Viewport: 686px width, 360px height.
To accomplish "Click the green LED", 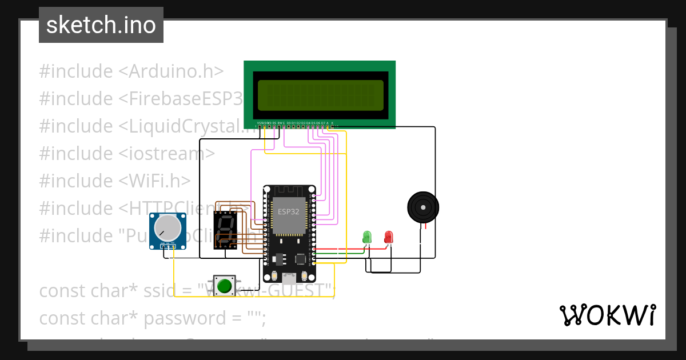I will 367,236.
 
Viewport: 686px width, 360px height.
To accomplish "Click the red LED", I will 389,236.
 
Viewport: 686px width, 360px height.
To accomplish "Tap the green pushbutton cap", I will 225,285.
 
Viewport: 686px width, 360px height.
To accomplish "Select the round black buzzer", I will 422,206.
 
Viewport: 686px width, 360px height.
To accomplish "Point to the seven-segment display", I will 226,230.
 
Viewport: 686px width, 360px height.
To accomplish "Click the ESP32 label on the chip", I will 289,211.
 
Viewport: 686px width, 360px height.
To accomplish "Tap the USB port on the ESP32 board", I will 289,278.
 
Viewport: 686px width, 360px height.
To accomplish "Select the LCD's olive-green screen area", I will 320,95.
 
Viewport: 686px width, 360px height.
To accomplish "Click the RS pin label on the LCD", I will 274,122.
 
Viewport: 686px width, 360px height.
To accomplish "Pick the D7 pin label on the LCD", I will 323,122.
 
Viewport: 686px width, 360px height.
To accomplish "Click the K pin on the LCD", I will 332,122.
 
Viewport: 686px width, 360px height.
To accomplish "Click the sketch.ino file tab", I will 101,25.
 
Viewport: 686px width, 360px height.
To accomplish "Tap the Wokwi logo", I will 607,315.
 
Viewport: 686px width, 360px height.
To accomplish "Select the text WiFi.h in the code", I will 154,181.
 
